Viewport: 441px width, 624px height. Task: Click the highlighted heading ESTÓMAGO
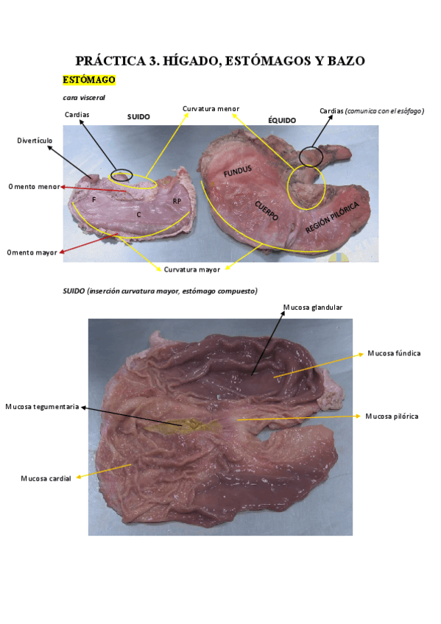click(89, 80)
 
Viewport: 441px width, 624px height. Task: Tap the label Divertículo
click(35, 141)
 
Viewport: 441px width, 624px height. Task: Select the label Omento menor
click(34, 187)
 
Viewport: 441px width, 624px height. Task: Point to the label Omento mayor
click(32, 252)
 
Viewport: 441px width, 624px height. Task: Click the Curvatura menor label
click(211, 109)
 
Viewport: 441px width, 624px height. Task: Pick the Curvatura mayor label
click(192, 270)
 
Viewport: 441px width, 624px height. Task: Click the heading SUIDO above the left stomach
click(138, 117)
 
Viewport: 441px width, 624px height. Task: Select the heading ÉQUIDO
click(282, 120)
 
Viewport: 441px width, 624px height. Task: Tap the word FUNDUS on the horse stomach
click(238, 171)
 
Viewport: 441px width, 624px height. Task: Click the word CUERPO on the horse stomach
click(267, 211)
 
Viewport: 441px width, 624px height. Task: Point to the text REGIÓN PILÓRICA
click(332, 217)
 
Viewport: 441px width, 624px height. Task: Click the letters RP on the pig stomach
click(177, 202)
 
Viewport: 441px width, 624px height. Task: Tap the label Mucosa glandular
click(313, 308)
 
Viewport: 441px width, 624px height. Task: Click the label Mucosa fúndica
click(394, 353)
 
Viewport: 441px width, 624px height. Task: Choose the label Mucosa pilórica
click(392, 416)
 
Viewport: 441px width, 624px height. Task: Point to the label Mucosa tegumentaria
click(42, 407)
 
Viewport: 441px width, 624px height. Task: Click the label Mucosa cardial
click(46, 479)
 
